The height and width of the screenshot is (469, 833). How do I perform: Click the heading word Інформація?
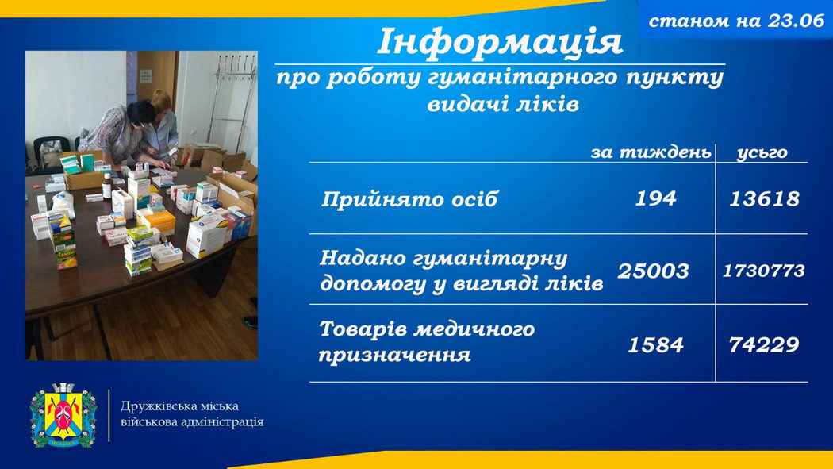[499, 42]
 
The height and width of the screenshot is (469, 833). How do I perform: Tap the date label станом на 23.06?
[736, 21]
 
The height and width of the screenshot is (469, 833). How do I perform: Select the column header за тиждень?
[651, 152]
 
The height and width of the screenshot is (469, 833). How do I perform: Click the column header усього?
[762, 153]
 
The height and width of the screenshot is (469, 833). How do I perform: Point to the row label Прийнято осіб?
[409, 199]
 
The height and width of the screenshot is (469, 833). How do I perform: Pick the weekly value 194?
[655, 198]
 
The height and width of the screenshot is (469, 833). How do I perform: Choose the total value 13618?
[764, 199]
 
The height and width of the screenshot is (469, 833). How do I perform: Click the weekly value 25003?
[653, 271]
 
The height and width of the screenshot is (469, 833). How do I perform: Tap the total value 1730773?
[763, 271]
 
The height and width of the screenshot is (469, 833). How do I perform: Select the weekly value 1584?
[655, 345]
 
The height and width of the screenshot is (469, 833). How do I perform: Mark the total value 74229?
[764, 345]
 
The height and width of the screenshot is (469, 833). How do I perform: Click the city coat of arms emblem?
[63, 415]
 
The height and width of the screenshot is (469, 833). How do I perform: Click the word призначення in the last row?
[395, 355]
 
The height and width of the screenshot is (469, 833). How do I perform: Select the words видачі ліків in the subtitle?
[503, 104]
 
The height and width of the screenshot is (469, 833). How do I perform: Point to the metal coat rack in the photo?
[231, 101]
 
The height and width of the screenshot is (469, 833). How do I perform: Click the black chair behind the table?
[51, 152]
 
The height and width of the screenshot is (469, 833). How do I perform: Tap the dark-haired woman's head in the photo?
[140, 113]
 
